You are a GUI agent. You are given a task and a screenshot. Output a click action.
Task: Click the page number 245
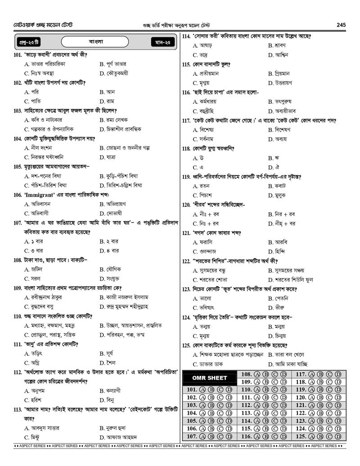click(x=341, y=25)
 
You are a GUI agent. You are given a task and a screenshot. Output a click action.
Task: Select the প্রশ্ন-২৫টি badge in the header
click(x=28, y=42)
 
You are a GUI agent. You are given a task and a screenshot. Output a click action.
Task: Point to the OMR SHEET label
click(x=210, y=378)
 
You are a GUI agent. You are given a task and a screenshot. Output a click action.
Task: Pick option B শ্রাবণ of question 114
click(x=276, y=45)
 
